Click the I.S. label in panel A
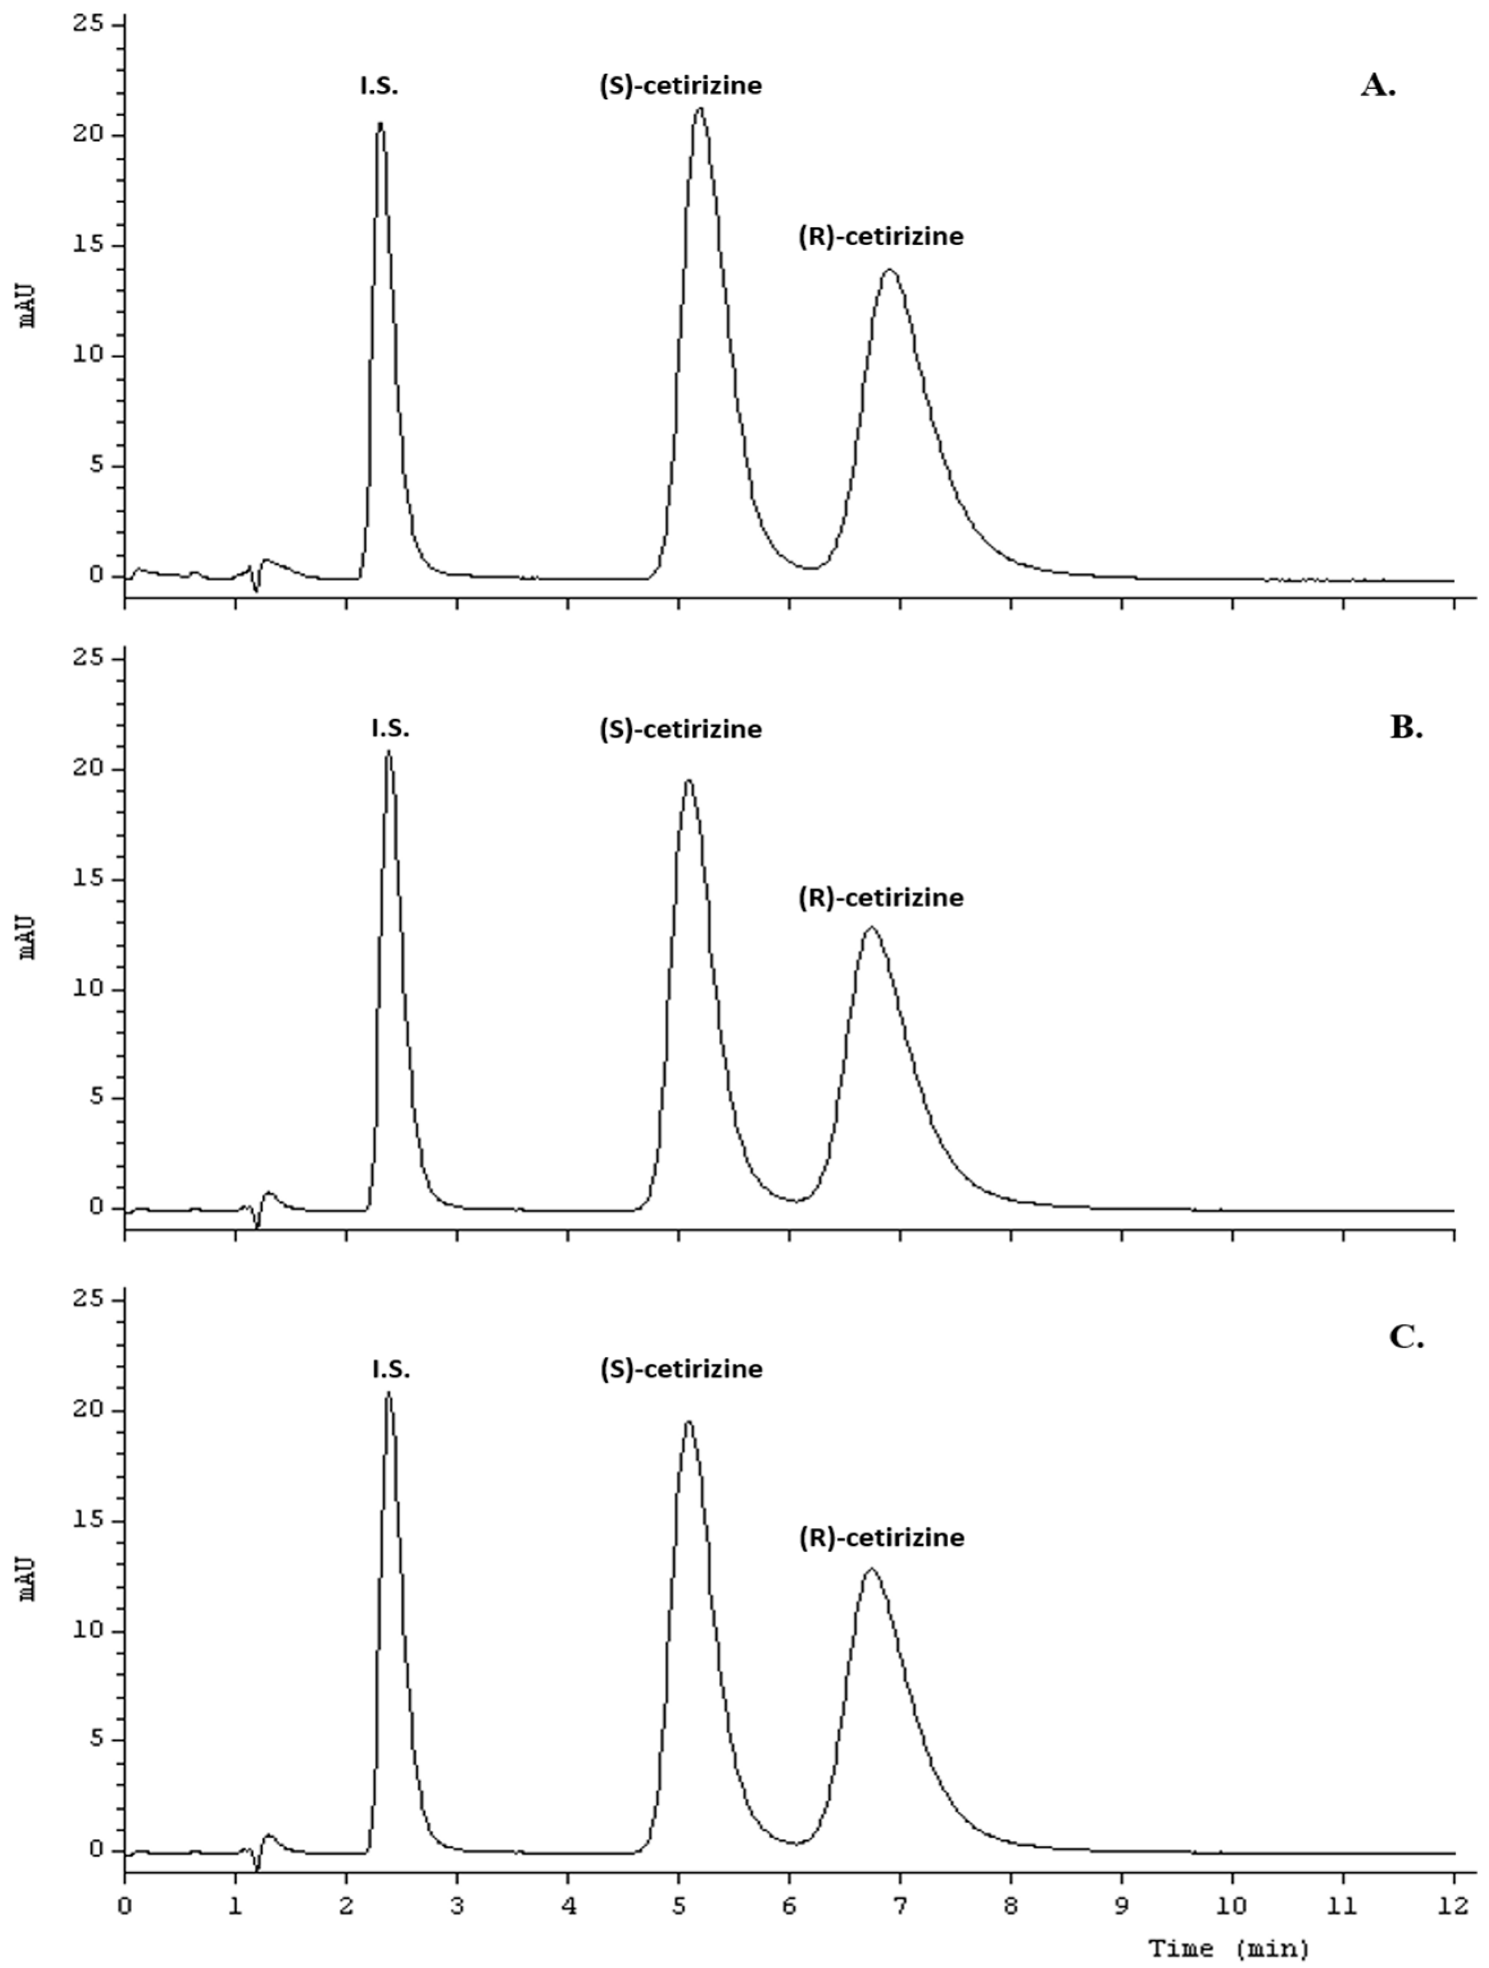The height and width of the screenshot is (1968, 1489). pyautogui.click(x=379, y=87)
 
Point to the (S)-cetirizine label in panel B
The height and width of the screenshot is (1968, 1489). pyautogui.click(x=681, y=729)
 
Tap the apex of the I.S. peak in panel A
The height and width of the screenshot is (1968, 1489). pyautogui.click(x=381, y=124)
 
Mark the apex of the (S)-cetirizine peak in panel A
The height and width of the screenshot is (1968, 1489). pyautogui.click(x=700, y=109)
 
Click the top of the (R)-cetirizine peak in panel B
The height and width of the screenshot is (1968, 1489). pyautogui.click(x=871, y=928)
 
